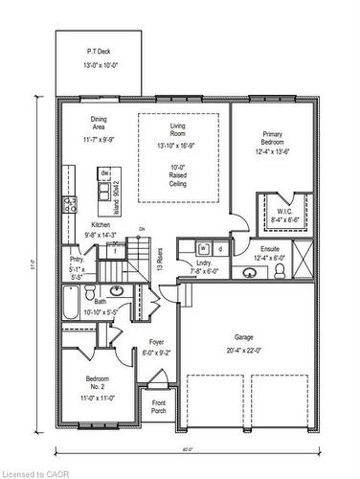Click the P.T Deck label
[x=99, y=51]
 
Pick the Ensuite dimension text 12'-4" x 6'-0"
[x=270, y=258]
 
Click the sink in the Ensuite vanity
[x=250, y=273]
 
